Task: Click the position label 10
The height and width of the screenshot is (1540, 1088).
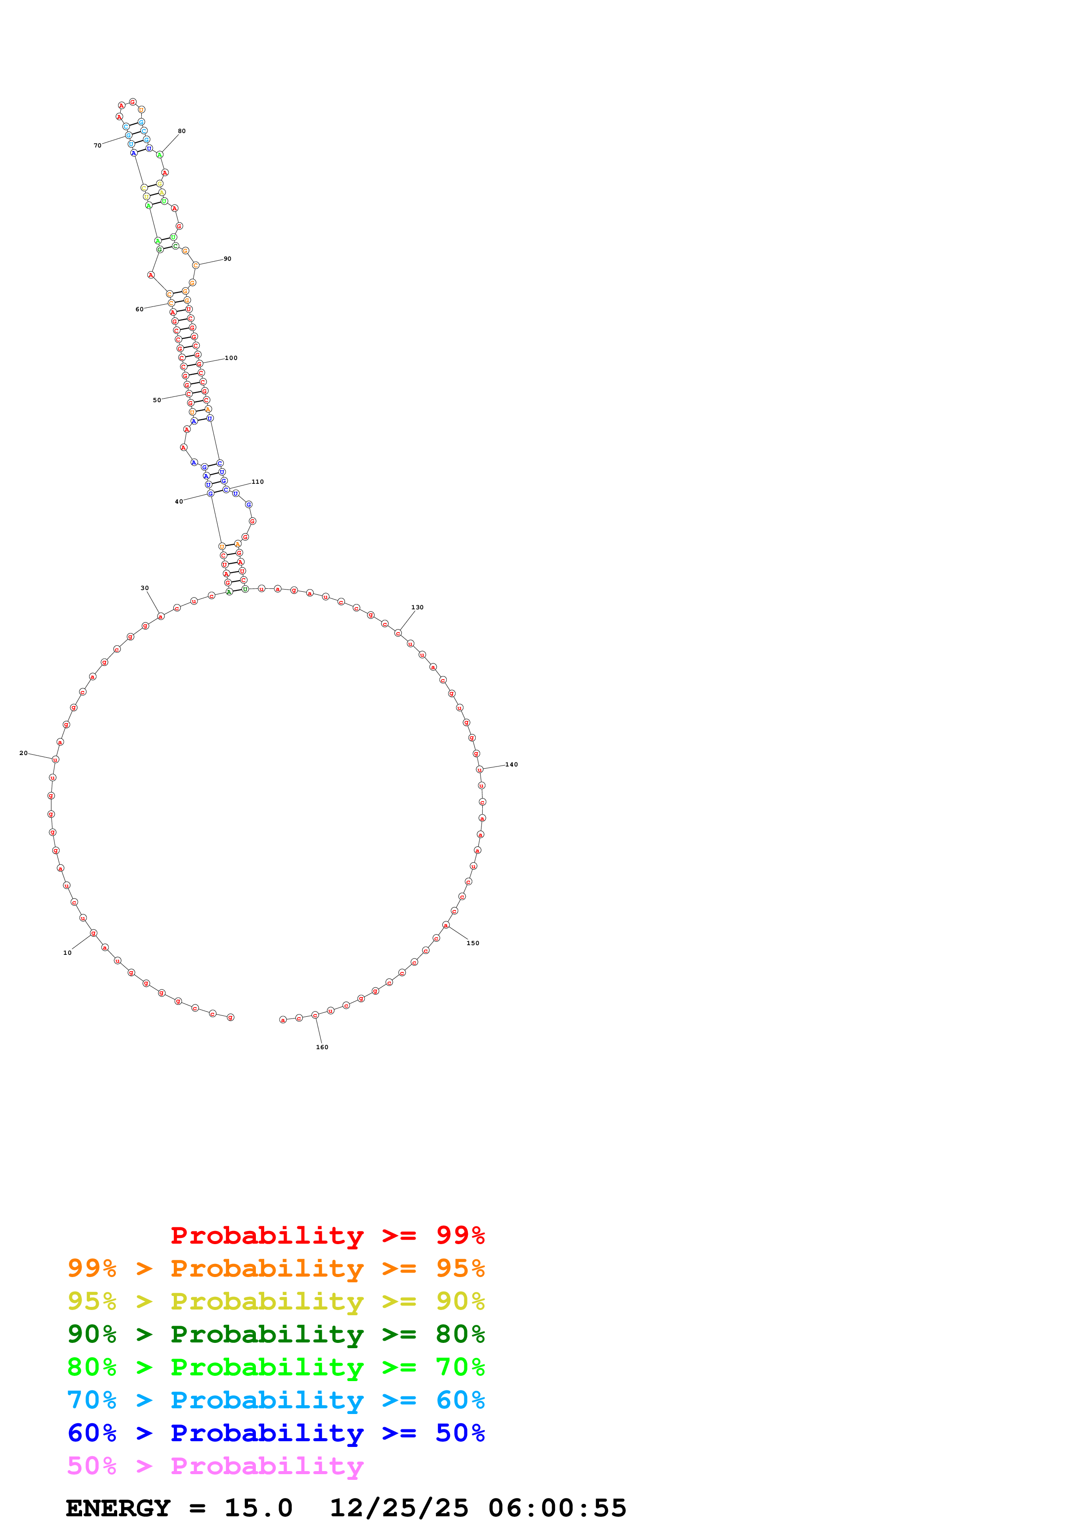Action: pyautogui.click(x=67, y=953)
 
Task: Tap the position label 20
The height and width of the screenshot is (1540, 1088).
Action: pyautogui.click(x=23, y=752)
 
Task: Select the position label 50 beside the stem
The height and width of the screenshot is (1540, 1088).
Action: pyautogui.click(x=157, y=400)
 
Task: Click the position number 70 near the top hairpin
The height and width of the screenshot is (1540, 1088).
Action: pyautogui.click(x=97, y=145)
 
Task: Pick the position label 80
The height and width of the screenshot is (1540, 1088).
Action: pyautogui.click(x=182, y=131)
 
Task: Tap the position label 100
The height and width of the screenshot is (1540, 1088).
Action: pyautogui.click(x=231, y=357)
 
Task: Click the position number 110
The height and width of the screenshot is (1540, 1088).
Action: pyautogui.click(x=258, y=482)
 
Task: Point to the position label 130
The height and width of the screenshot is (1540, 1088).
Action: pyautogui.click(x=417, y=607)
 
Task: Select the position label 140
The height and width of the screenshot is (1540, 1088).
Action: pyautogui.click(x=511, y=764)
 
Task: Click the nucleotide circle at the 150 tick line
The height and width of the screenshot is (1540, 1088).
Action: pyautogui.click(x=446, y=925)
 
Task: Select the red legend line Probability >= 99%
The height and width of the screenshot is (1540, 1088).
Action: pyautogui.click(x=327, y=1235)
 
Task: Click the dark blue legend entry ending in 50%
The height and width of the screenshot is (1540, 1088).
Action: pyautogui.click(x=276, y=1433)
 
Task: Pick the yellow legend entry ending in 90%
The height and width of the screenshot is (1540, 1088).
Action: pyautogui.click(x=276, y=1301)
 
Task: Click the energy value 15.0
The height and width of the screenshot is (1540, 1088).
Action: pyautogui.click(x=258, y=1508)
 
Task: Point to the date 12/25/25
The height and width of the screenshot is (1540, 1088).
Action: pyautogui.click(x=399, y=1508)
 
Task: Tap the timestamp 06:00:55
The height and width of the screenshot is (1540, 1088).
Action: pyautogui.click(x=557, y=1508)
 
